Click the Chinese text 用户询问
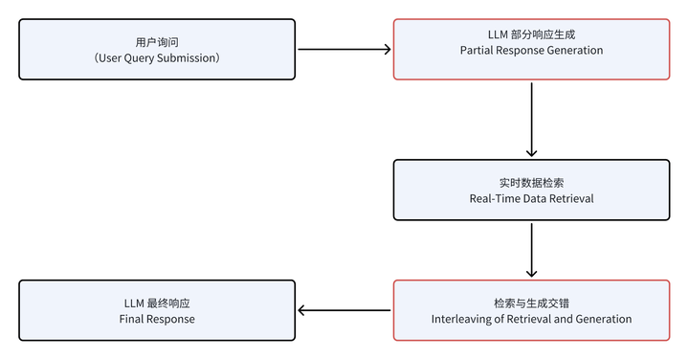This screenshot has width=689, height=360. [x=157, y=41]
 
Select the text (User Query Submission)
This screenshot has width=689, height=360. [x=157, y=57]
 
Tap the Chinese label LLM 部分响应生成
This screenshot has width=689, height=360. [x=531, y=34]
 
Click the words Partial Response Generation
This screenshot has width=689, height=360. [x=531, y=50]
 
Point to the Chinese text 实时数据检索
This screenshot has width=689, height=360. [x=531, y=181]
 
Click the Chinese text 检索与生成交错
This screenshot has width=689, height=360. [x=531, y=302]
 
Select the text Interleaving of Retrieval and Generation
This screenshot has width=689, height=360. [x=531, y=318]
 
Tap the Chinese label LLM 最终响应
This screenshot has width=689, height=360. [x=157, y=302]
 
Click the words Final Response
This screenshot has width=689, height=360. [x=157, y=318]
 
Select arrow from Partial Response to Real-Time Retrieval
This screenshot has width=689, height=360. [x=531, y=119]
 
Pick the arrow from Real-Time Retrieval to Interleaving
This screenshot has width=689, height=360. [x=531, y=249]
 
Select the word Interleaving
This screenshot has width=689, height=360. [x=463, y=318]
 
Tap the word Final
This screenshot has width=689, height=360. [x=133, y=318]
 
